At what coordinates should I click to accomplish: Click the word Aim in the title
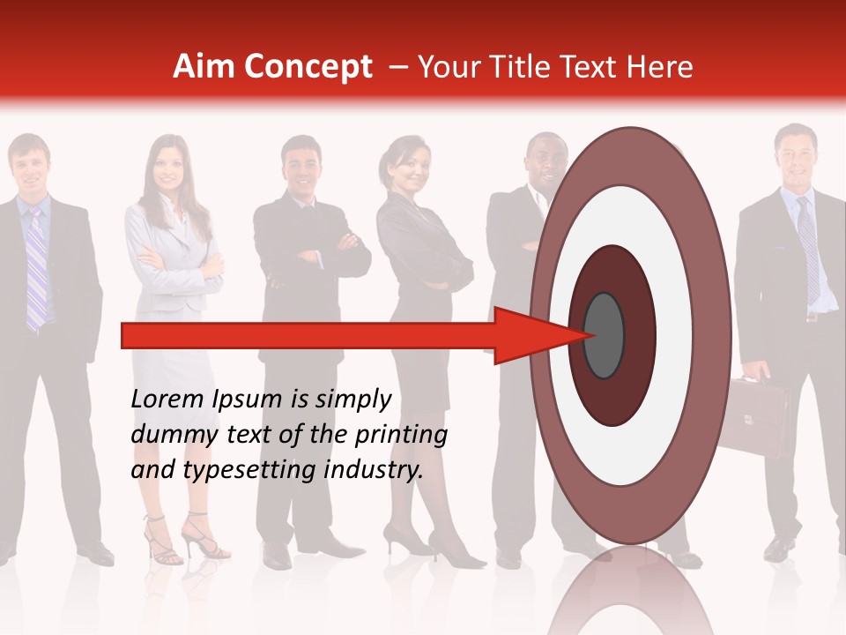tap(204, 67)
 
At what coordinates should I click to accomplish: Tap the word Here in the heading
tap(661, 67)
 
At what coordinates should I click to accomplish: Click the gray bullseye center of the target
tap(605, 335)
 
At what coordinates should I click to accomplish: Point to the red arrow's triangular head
tap(529, 335)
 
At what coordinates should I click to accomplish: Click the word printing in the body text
tap(401, 435)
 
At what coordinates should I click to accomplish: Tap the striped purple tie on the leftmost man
tap(35, 265)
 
